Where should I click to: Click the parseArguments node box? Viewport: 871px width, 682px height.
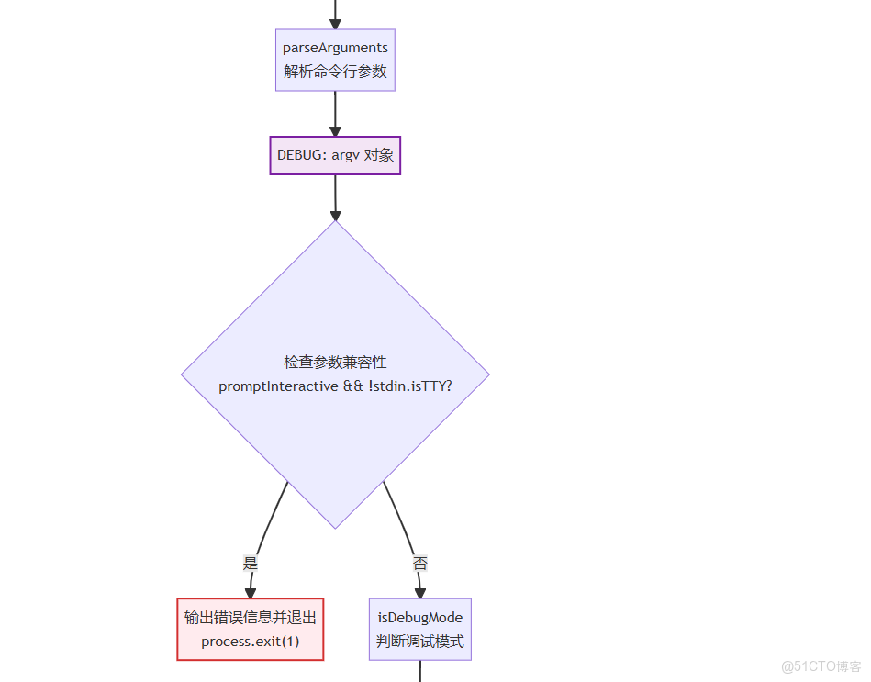point(335,60)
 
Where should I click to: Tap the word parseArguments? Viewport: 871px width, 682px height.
point(335,48)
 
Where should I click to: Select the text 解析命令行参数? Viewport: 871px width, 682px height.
point(335,72)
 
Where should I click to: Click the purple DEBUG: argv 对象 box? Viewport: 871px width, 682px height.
point(335,155)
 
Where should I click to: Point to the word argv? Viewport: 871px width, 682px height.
point(345,155)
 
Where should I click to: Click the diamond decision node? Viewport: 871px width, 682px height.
point(335,422)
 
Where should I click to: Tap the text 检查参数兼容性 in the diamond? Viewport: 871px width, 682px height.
point(335,363)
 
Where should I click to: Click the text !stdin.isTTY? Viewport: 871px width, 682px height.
point(410,386)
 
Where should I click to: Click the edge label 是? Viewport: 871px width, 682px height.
point(250,563)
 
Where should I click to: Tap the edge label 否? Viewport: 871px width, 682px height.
point(419,564)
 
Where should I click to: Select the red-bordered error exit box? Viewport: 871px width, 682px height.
point(250,629)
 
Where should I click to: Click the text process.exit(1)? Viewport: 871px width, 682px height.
point(250,641)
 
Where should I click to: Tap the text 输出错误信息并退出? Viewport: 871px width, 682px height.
point(250,618)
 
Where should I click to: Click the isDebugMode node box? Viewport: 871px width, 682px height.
point(420,629)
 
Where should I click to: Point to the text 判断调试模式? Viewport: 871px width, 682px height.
point(420,641)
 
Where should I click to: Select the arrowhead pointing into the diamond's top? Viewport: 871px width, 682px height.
point(335,213)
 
